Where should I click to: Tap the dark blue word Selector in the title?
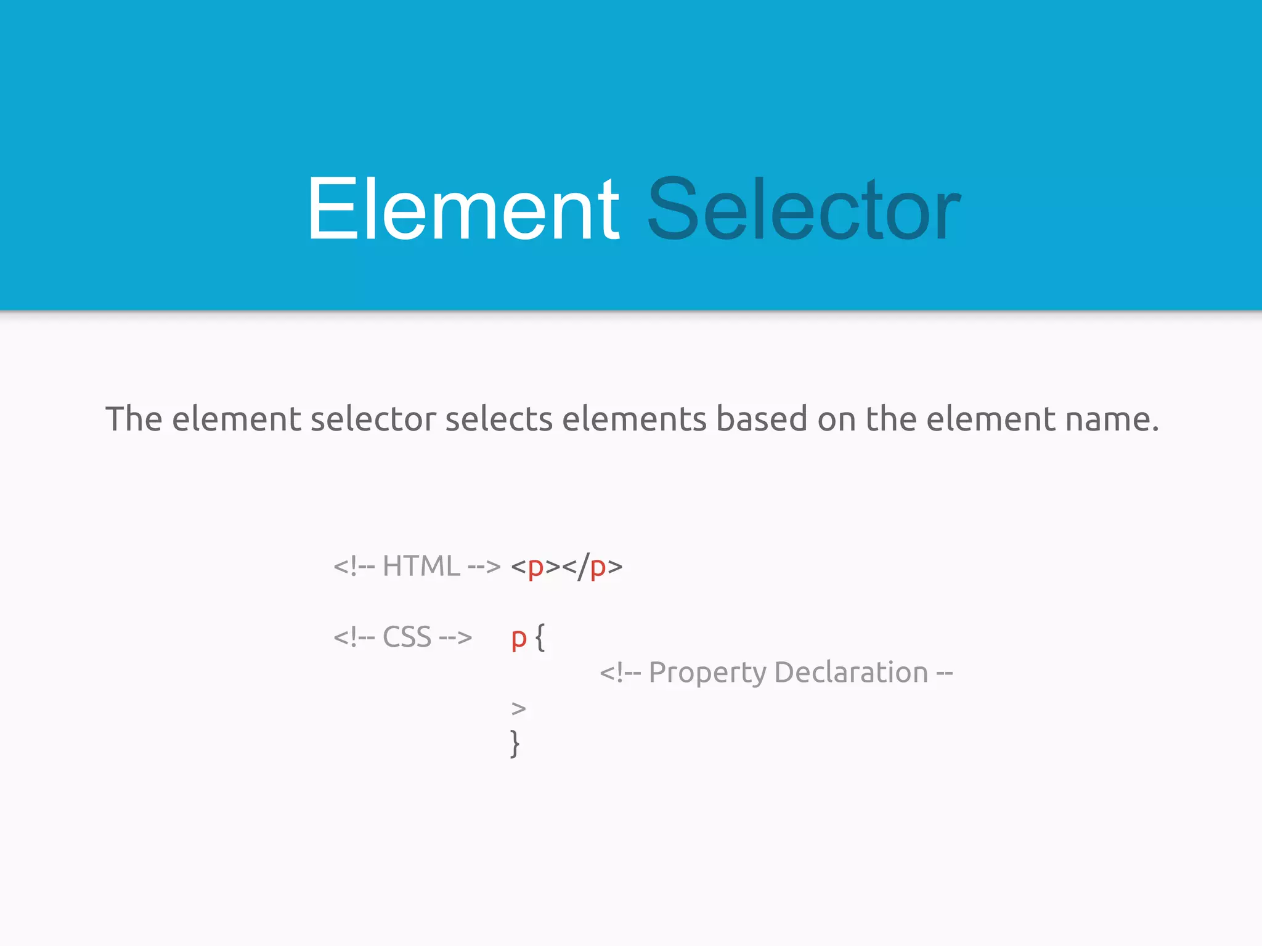click(804, 209)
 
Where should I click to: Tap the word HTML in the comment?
click(421, 566)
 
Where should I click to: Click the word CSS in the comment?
click(407, 637)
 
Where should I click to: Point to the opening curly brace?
click(540, 637)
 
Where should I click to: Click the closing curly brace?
click(515, 743)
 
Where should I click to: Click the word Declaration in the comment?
click(851, 672)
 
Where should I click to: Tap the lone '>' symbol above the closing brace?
click(518, 709)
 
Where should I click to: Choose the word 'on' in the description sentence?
click(836, 419)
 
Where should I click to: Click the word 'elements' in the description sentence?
click(634, 419)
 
